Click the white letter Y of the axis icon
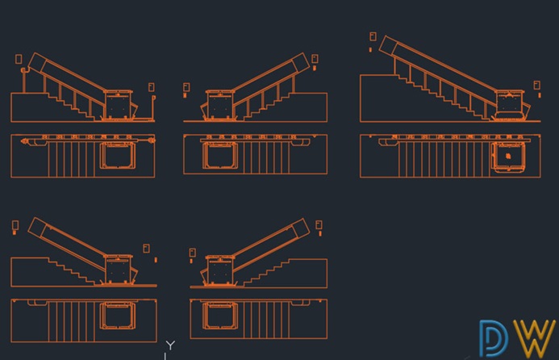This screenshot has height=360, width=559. [170, 345]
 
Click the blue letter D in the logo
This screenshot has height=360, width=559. [494, 338]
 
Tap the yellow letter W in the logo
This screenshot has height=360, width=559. [535, 338]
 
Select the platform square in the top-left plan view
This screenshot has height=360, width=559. [118, 155]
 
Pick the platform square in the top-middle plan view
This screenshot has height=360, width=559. [220, 155]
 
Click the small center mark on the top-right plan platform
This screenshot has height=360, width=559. [508, 157]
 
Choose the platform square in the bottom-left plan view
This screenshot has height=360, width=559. [118, 316]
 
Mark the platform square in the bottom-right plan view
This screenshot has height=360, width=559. [220, 316]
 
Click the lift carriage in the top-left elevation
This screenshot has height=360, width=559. [119, 105]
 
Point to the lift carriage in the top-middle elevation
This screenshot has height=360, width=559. [220, 105]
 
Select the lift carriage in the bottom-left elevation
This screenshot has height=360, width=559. [119, 270]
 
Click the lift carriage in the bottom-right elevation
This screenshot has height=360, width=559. [220, 270]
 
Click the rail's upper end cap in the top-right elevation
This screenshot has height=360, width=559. [388, 45]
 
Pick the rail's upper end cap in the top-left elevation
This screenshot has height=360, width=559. [37, 62]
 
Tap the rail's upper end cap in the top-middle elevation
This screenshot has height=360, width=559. [301, 62]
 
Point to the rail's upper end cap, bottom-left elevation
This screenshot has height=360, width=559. [37, 227]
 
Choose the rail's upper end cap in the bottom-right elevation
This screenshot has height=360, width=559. [301, 228]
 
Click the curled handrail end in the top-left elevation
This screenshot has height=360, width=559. [23, 70]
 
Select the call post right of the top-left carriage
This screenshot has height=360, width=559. [153, 108]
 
